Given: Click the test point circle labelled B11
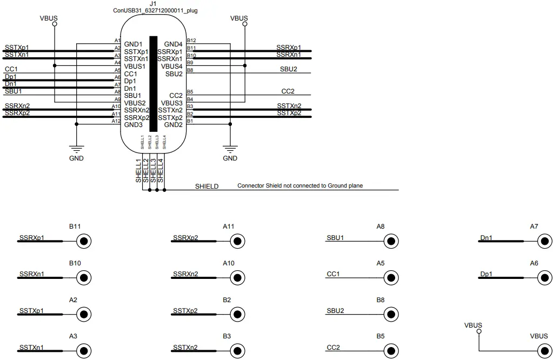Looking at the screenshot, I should [84, 241].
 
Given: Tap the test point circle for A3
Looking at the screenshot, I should [84, 351].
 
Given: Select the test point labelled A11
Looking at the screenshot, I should [237, 241].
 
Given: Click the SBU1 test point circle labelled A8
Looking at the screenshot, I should [390, 241].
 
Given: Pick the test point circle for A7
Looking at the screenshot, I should [544, 241].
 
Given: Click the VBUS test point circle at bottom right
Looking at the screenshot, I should [544, 351].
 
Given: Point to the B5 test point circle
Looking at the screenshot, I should [390, 351].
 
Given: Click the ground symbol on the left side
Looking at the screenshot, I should [76, 149].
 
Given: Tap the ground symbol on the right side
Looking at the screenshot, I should [230, 149].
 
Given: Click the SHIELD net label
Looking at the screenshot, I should [206, 186].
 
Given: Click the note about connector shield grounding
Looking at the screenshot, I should [300, 186].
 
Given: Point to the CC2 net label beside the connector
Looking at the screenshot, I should [288, 91].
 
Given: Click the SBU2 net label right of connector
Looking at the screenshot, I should [289, 69].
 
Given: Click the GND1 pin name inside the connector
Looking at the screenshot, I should [133, 44].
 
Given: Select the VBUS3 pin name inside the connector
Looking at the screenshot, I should [172, 103].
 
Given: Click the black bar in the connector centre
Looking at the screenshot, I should [154, 84].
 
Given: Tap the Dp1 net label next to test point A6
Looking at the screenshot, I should [486, 274].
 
